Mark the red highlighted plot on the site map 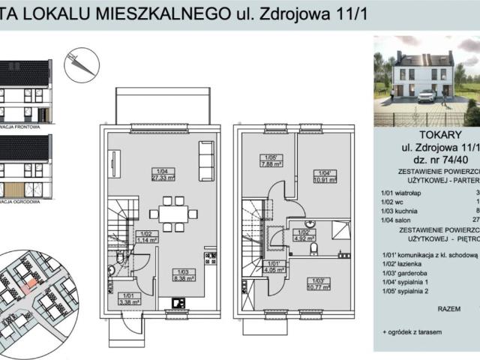[28, 285]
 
